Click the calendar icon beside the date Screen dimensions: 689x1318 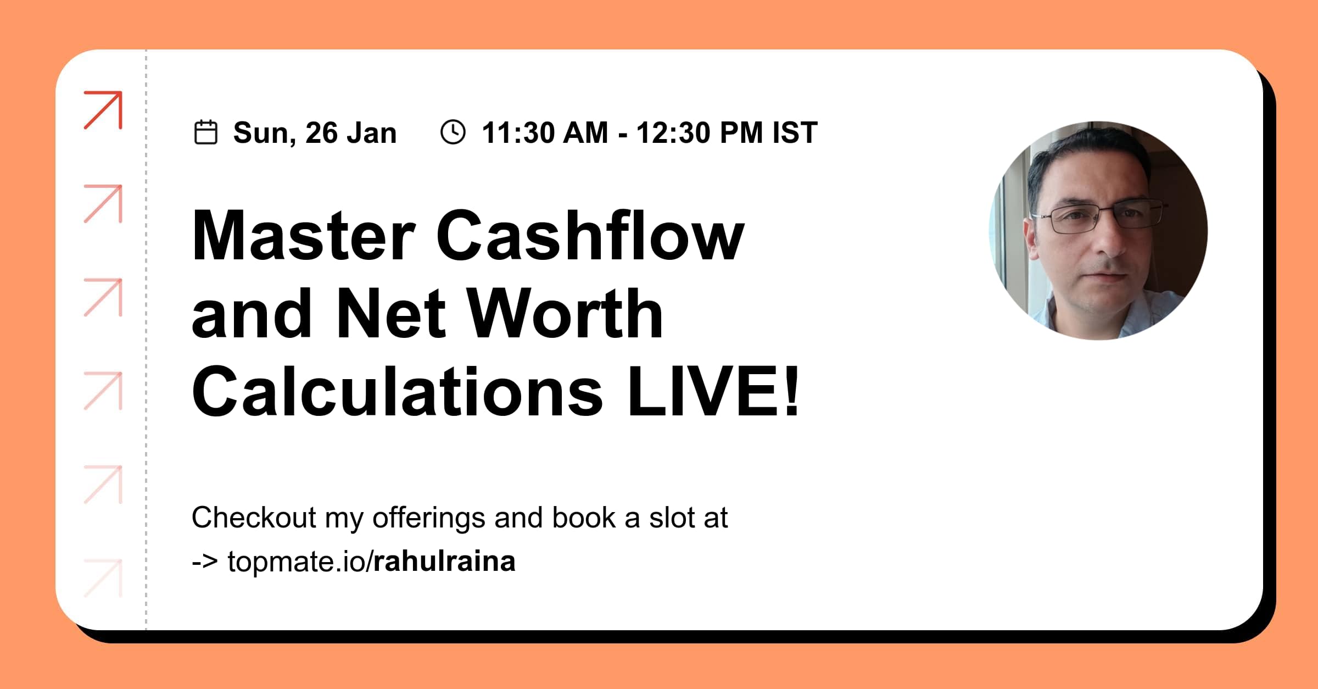tap(206, 132)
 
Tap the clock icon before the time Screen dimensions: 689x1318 tap(453, 132)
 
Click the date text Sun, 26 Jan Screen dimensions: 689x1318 tap(315, 133)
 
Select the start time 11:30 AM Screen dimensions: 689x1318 tap(545, 133)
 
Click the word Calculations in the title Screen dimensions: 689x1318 tap(397, 392)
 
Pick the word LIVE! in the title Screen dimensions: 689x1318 tap(713, 392)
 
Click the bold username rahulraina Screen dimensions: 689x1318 tap(444, 562)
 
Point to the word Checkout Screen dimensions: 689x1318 tap(254, 518)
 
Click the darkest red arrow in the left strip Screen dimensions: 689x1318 tap(103, 110)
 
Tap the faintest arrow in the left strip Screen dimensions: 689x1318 tap(103, 578)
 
